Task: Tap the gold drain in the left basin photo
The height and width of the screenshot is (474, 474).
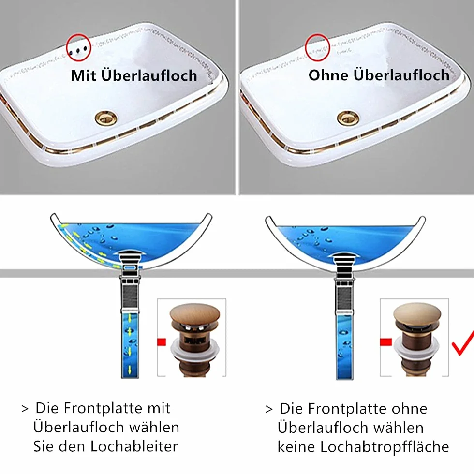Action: point(106,118)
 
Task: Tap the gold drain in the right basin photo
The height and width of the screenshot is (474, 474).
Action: point(348,118)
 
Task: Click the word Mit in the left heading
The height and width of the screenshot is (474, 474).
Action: point(83,75)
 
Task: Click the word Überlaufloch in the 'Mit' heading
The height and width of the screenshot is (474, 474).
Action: point(149,75)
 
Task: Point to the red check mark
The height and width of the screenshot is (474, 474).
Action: point(462,343)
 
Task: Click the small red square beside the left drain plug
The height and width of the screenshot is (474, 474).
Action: point(162,342)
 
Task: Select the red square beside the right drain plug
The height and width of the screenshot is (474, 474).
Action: point(386,342)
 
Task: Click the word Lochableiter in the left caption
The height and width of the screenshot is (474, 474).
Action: point(134,446)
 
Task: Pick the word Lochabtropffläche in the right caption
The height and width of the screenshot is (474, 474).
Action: point(385,447)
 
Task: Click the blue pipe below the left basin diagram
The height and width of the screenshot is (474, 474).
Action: point(130,345)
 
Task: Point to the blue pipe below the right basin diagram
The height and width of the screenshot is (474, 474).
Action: point(345,347)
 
